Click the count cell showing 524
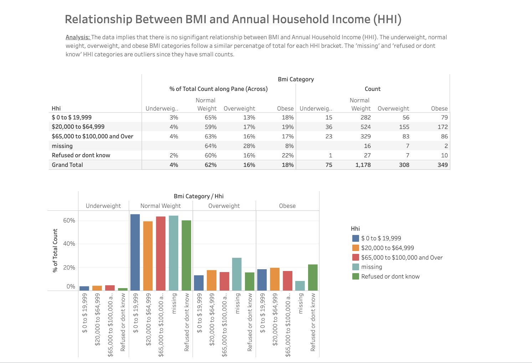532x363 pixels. (365, 127)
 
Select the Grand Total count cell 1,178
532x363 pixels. (363, 165)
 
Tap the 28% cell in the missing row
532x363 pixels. (249, 146)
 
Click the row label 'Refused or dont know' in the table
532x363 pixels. (81, 155)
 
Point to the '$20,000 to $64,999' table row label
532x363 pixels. (78, 127)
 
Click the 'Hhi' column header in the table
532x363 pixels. (56, 108)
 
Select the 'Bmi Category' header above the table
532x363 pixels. (296, 79)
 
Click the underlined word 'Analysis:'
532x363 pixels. (78, 37)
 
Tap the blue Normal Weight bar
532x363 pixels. (135, 252)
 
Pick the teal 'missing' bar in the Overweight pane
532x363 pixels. (237, 274)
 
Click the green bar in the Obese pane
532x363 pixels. (313, 277)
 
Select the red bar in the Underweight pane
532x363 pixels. (110, 288)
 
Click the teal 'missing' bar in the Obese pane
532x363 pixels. (300, 286)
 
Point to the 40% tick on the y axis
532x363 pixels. (69, 244)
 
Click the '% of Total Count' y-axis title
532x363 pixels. (55, 250)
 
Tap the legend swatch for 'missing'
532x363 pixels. (355, 267)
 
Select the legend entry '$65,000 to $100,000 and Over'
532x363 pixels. (402, 257)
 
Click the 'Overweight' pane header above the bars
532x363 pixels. (224, 206)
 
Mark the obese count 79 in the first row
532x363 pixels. (444, 117)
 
